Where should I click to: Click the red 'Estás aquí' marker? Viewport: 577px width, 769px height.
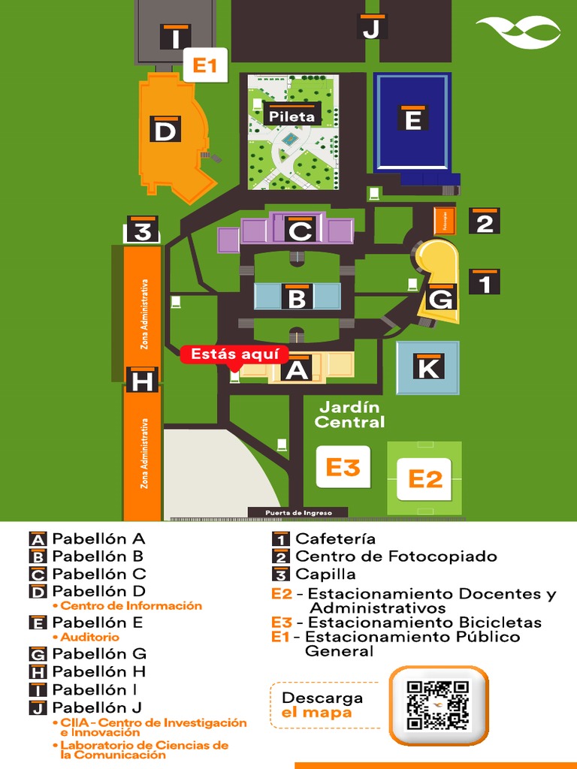tap(234, 354)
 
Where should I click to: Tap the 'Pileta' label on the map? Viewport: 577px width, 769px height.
tap(292, 116)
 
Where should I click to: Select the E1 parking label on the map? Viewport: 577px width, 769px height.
tap(204, 65)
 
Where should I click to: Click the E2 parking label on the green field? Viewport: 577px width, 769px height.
tap(424, 478)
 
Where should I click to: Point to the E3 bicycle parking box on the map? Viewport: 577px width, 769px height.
tap(343, 467)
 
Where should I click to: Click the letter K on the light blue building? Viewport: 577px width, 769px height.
tap(427, 366)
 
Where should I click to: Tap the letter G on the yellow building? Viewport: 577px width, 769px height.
tap(441, 298)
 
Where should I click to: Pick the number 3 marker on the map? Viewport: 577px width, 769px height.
tap(143, 231)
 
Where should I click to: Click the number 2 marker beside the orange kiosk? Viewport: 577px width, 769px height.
tap(485, 222)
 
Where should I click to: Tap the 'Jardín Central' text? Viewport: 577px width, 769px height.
tap(349, 415)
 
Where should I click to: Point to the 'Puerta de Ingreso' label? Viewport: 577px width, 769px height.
tap(298, 513)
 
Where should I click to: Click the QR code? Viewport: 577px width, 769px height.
tap(438, 705)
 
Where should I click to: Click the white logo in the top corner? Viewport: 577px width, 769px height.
tap(518, 32)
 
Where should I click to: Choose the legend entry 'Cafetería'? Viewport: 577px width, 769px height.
tap(335, 538)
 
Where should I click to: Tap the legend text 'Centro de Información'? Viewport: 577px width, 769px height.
tap(131, 605)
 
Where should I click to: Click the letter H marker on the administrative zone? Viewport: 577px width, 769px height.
tap(142, 381)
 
